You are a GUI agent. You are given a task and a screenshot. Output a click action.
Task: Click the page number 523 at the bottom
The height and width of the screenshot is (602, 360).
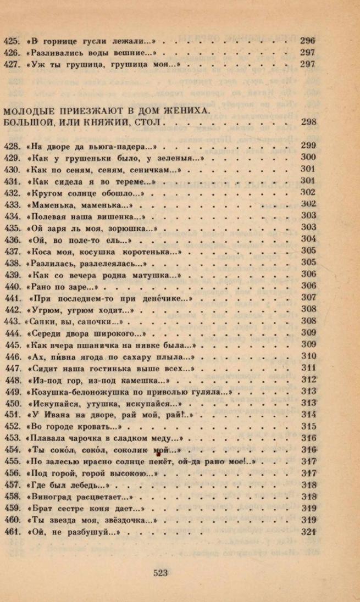(160, 573)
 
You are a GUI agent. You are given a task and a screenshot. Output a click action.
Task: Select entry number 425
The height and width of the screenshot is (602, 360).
(11, 41)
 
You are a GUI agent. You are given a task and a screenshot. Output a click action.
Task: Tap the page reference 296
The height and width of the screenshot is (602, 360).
(308, 41)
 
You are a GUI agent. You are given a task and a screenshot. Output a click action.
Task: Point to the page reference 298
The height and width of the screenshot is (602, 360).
(308, 122)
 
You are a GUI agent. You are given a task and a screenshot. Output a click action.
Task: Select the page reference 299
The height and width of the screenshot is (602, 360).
(308, 146)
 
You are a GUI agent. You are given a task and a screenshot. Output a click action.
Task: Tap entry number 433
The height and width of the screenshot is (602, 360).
(12, 204)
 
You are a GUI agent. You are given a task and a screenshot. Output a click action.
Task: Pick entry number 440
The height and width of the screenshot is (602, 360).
(12, 286)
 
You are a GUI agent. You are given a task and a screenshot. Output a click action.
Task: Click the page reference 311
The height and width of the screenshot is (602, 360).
(308, 368)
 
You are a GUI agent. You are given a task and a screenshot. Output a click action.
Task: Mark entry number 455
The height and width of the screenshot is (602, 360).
(12, 461)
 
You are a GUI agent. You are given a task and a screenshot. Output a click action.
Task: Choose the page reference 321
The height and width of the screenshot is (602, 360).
(308, 532)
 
